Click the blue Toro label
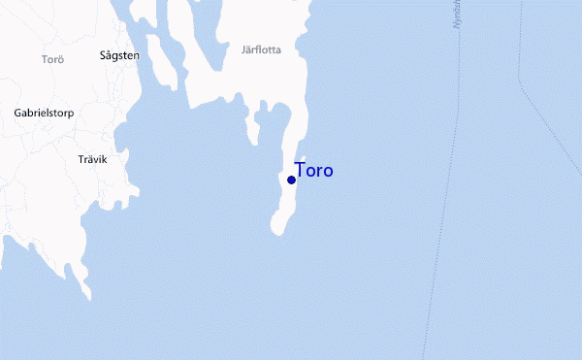(313, 171)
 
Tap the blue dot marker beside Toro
(291, 180)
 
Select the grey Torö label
(52, 60)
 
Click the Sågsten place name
(119, 56)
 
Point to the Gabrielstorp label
(44, 114)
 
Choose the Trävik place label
(92, 158)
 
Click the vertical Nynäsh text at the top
(459, 15)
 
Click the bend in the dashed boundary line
(521, 82)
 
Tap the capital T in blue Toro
(300, 171)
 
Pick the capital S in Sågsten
(104, 55)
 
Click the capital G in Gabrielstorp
(18, 113)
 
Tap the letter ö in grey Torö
(60, 60)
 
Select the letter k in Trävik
(104, 158)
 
